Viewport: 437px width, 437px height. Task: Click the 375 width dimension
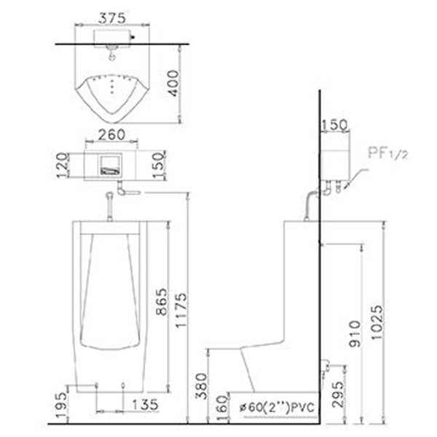click(112, 18)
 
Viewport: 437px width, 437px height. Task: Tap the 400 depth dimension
click(174, 83)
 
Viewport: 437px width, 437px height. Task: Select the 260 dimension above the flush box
click(111, 135)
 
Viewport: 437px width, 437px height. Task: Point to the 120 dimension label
click(62, 165)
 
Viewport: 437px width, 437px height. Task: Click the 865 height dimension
click(162, 302)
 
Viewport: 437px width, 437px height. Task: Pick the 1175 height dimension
click(181, 310)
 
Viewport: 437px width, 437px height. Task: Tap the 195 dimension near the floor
click(62, 405)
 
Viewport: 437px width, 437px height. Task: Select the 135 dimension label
click(145, 405)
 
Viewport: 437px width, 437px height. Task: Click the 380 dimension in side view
click(201, 386)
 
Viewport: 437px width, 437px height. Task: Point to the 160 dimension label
click(222, 409)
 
